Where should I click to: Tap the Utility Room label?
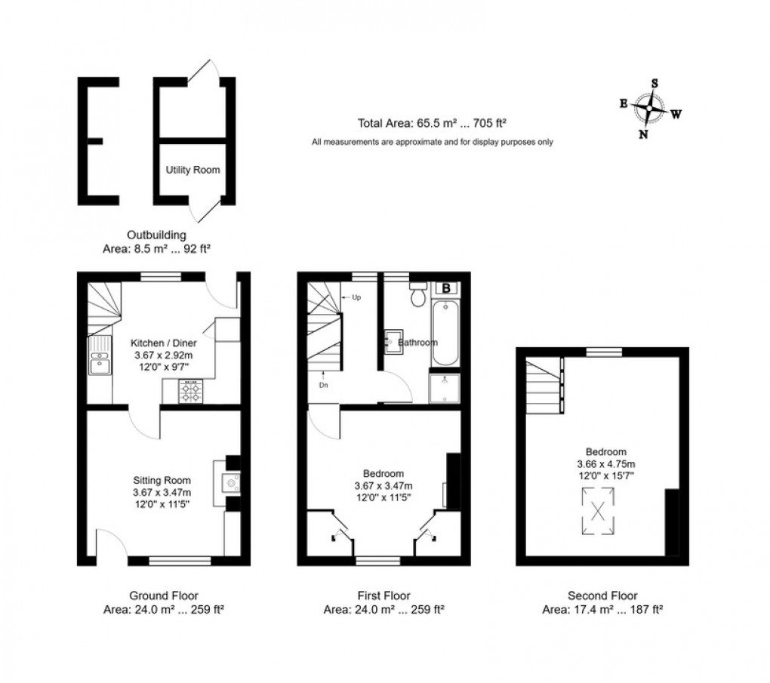click(x=193, y=170)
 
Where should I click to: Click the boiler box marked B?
click(x=446, y=288)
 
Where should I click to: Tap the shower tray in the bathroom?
click(x=445, y=389)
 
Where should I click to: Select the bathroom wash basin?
click(x=394, y=342)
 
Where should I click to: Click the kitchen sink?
click(x=99, y=355)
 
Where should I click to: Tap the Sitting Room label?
click(x=162, y=480)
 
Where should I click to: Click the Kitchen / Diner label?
click(x=164, y=343)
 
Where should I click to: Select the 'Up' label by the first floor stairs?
click(x=356, y=297)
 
